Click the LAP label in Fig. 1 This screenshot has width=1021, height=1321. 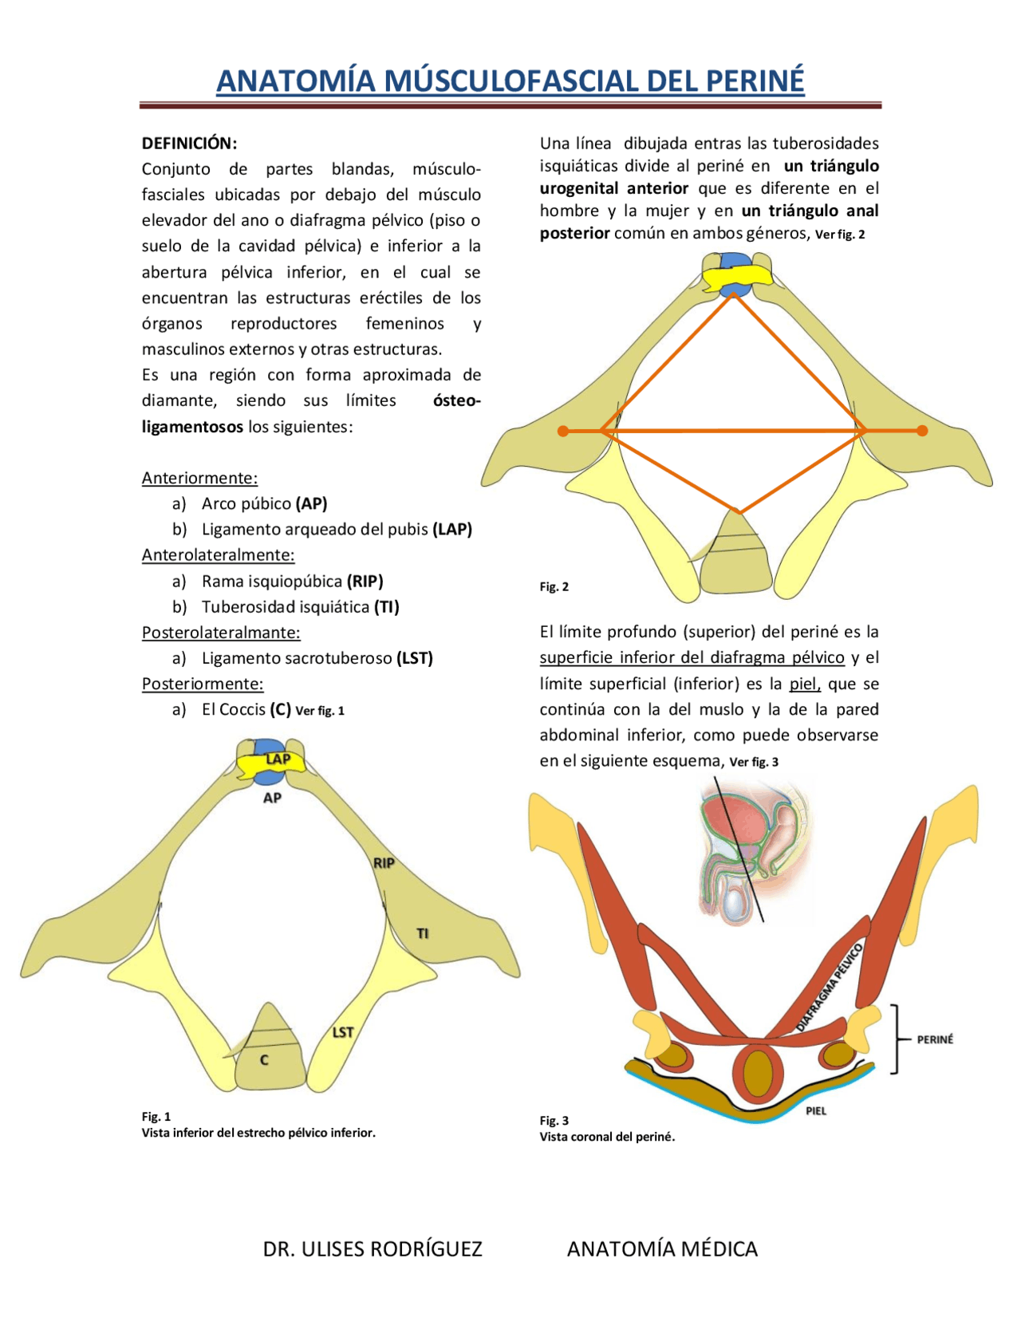278,759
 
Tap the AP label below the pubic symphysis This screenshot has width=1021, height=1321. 272,798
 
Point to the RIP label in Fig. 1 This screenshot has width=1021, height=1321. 384,863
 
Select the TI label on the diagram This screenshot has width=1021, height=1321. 423,933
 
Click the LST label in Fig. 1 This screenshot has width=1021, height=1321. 343,1032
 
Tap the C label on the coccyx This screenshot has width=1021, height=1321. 264,1060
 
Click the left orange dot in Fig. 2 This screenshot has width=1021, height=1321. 563,431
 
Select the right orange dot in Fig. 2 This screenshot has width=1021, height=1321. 922,431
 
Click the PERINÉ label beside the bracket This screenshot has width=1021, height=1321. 935,1039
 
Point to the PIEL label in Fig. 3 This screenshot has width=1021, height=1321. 816,1110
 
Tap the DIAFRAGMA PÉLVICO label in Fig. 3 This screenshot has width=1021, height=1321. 830,987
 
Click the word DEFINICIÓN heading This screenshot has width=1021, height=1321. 189,144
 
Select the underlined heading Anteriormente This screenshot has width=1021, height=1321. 199,478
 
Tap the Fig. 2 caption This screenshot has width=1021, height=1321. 554,586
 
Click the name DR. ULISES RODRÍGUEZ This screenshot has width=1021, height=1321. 373,1248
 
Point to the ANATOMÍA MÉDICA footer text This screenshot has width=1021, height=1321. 662,1248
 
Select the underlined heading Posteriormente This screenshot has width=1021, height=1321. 203,684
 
